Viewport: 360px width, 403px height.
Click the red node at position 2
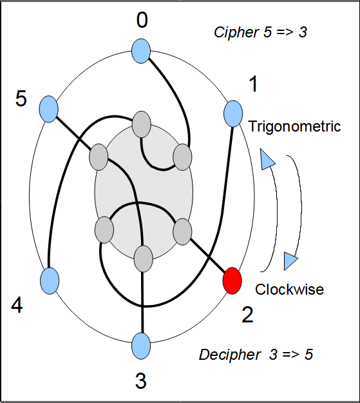(232, 280)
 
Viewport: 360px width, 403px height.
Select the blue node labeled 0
(141, 51)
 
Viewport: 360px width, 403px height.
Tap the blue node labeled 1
(233, 114)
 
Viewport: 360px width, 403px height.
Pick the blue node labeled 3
(141, 346)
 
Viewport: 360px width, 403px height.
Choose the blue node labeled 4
(50, 280)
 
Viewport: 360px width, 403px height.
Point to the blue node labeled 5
(48, 109)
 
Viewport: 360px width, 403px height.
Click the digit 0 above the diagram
(142, 20)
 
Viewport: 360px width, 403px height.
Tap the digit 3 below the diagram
(140, 381)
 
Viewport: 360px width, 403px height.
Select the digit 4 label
(17, 306)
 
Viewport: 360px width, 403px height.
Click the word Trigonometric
(294, 126)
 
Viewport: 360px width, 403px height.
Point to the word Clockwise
(289, 289)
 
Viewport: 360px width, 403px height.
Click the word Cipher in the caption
(236, 33)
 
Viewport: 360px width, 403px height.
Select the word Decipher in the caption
(230, 355)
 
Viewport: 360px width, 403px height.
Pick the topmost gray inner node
(141, 124)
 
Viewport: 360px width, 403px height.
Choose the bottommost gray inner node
(144, 259)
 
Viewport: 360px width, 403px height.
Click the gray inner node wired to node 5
(99, 157)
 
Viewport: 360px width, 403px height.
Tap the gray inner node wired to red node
(182, 231)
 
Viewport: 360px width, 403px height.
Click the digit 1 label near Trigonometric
(254, 84)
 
